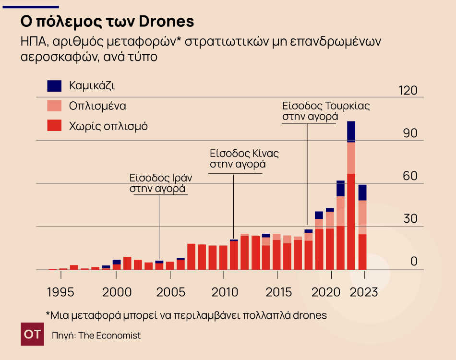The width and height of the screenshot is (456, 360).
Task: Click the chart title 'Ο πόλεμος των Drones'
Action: click(x=107, y=22)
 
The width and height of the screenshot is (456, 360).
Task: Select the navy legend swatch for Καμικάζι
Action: click(x=55, y=86)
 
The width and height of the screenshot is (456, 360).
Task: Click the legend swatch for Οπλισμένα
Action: click(x=55, y=106)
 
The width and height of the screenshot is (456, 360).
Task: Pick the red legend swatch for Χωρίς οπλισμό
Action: click(x=55, y=126)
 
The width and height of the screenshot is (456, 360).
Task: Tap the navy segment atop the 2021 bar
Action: click(x=340, y=189)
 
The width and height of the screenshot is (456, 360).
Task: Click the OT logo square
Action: click(x=33, y=335)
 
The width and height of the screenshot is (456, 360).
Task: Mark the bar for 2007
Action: click(x=191, y=257)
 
